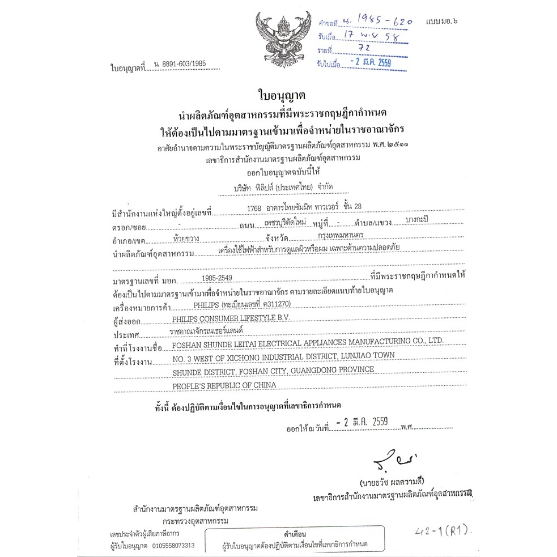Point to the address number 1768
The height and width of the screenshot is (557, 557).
click(x=254, y=208)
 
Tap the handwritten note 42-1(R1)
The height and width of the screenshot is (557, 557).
click(x=444, y=531)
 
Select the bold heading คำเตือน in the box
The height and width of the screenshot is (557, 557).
click(x=295, y=534)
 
